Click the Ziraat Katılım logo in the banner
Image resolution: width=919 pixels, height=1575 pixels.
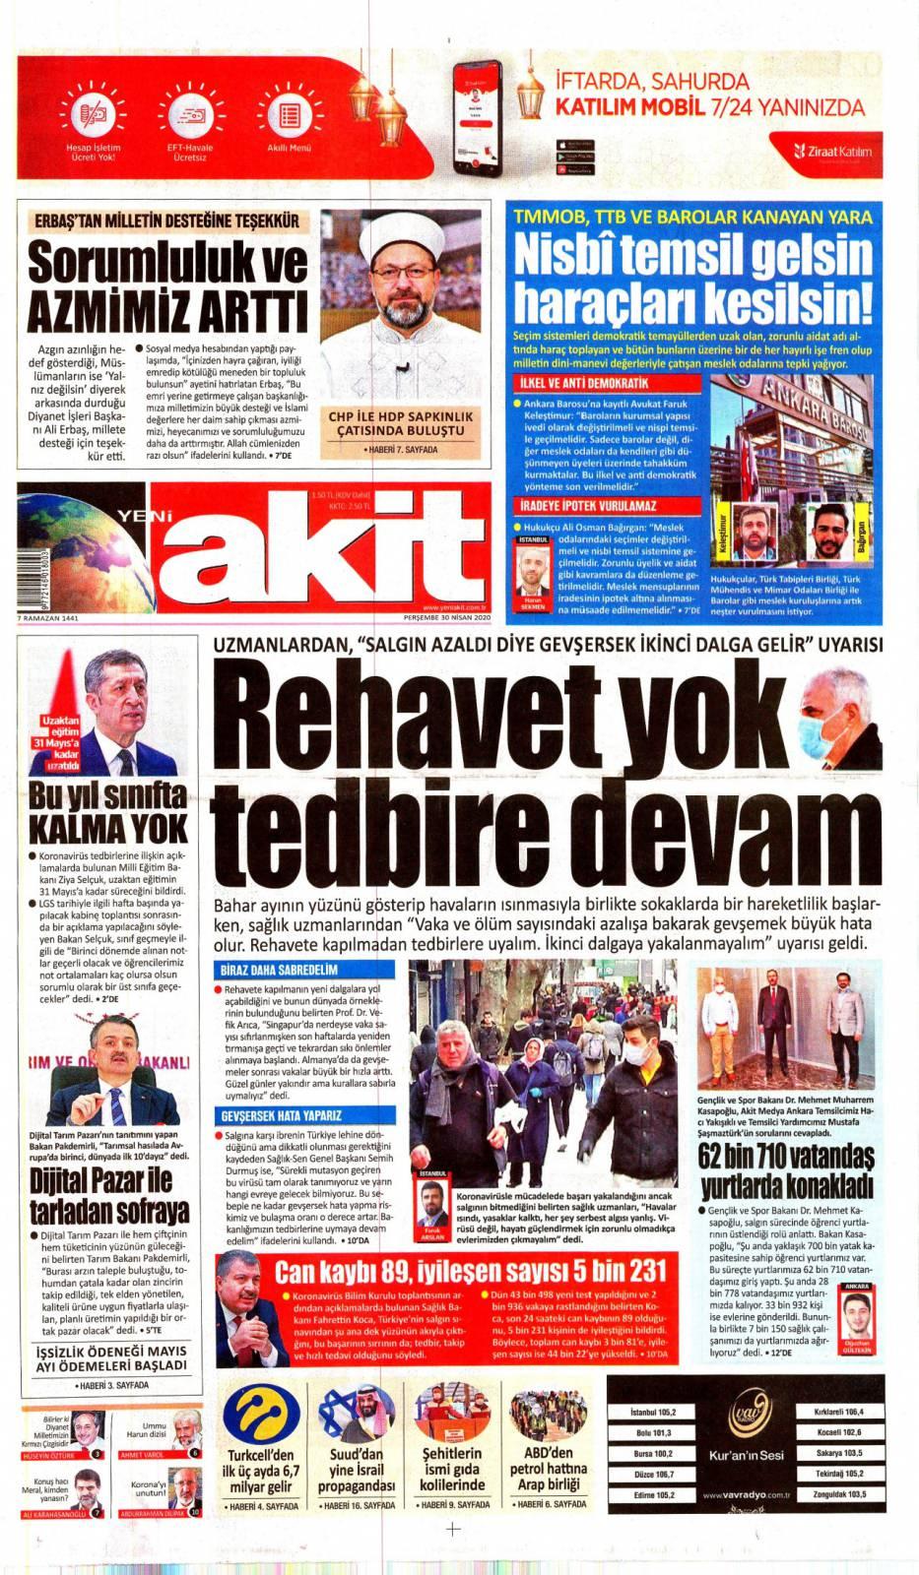coord(832,152)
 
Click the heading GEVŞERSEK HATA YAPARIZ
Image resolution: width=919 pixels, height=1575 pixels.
coord(282,1115)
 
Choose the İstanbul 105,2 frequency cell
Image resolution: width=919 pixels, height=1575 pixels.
coord(653,1411)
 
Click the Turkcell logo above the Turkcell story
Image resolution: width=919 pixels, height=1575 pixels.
coord(261,1415)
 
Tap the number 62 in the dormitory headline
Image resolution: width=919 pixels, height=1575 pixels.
coord(715,1155)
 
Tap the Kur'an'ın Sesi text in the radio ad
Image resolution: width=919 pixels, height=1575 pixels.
coord(746,1455)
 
